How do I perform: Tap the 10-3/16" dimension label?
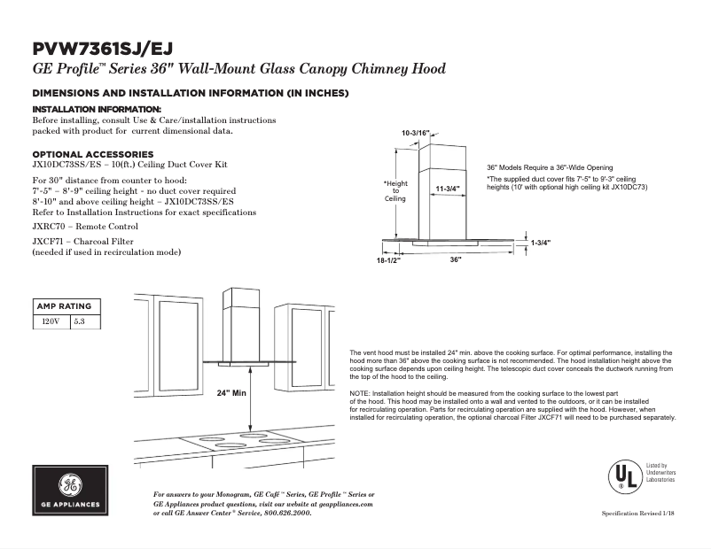click(x=415, y=133)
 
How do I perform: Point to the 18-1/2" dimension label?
click(x=388, y=259)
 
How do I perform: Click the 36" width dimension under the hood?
click(x=455, y=259)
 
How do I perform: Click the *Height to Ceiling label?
click(x=395, y=190)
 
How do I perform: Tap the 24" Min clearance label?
click(x=230, y=393)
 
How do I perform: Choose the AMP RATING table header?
click(x=63, y=306)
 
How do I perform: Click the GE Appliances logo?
click(x=70, y=491)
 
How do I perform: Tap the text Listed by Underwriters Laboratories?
click(x=660, y=473)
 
